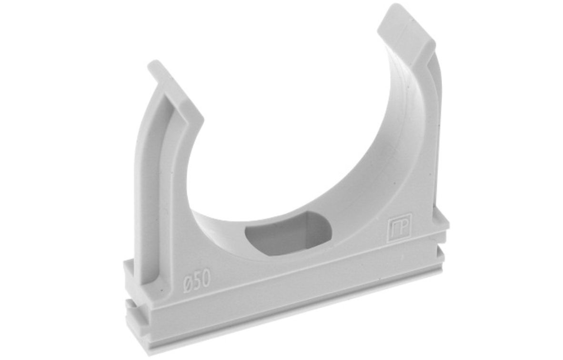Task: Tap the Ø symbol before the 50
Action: (187, 280)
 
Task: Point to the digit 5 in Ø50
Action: (197, 279)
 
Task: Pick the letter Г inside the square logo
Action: (395, 228)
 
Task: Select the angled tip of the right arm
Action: (406, 30)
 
